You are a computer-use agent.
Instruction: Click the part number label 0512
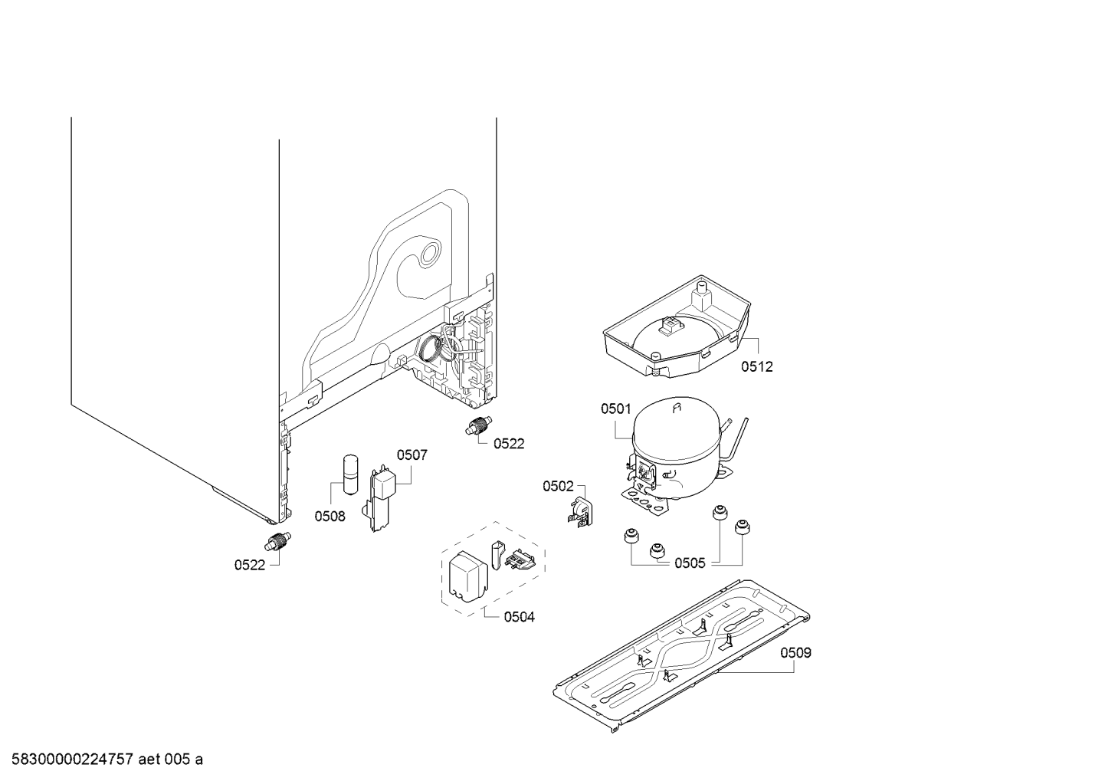(756, 366)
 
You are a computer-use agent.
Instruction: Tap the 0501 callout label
(615, 409)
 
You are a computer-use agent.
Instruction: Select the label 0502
(558, 486)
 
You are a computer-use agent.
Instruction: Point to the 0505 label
(690, 563)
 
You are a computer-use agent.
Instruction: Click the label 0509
(796, 653)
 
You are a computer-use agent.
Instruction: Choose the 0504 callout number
(519, 617)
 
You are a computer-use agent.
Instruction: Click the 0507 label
(412, 455)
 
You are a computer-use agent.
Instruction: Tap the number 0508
(330, 516)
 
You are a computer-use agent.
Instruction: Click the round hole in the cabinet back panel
(430, 253)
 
